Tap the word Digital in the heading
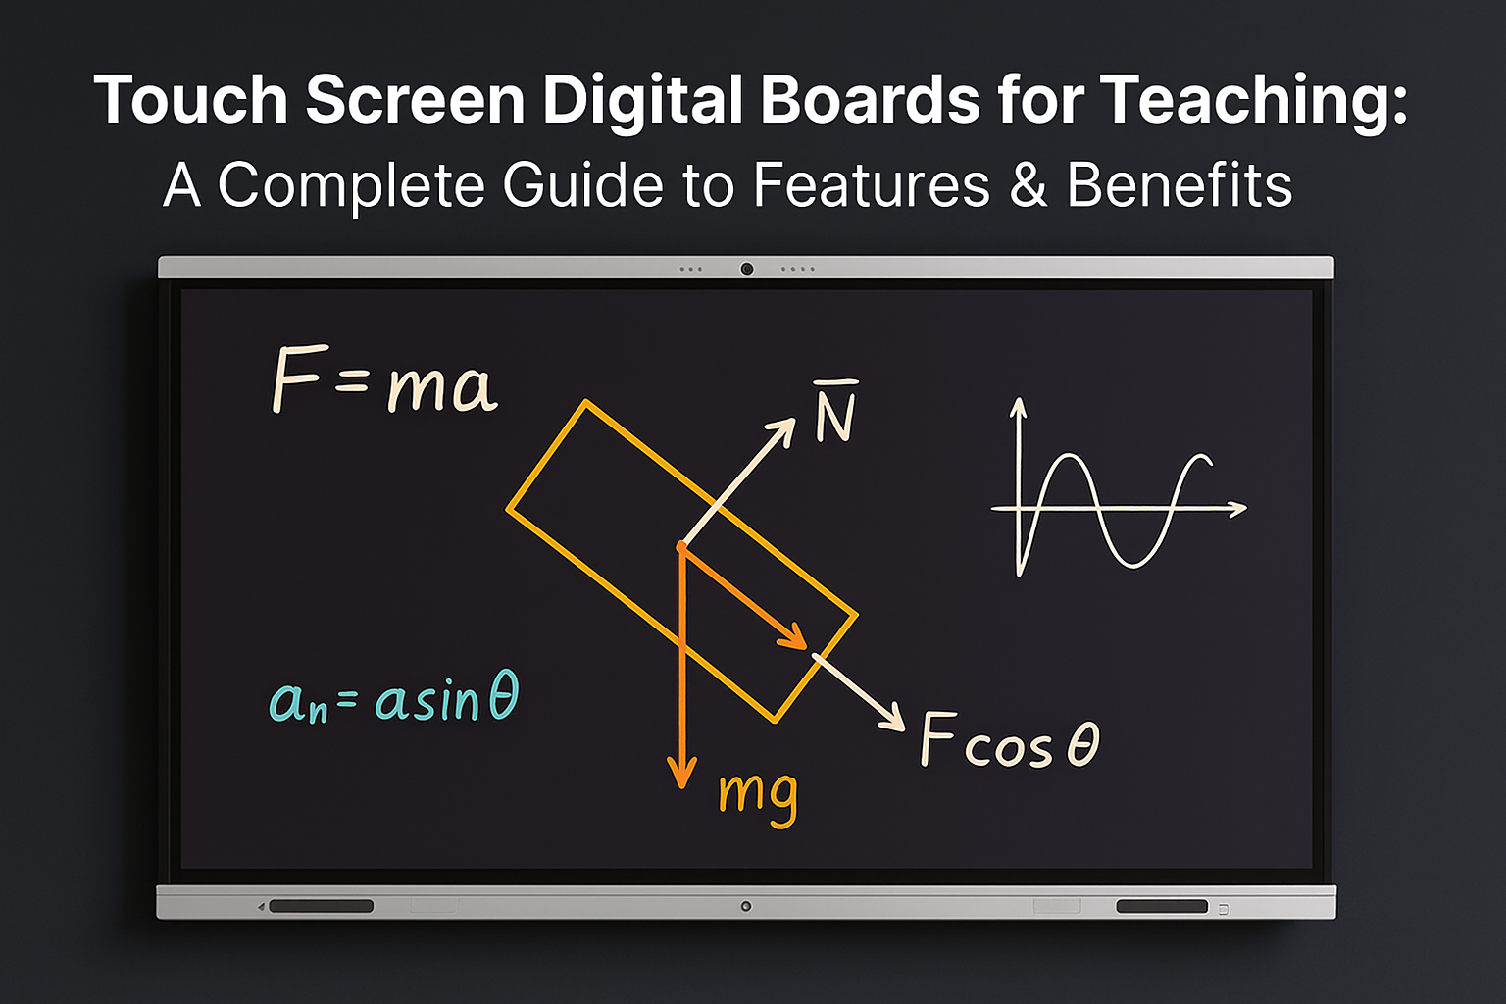[641, 101]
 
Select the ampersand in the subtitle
[1028, 184]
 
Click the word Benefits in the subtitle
[1180, 184]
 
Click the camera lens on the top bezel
[746, 269]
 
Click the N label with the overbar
[835, 412]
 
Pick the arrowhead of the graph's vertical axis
[1019, 406]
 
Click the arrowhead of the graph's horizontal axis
[1238, 509]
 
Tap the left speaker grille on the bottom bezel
[321, 906]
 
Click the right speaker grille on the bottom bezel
[1162, 907]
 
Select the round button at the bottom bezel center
[745, 907]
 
